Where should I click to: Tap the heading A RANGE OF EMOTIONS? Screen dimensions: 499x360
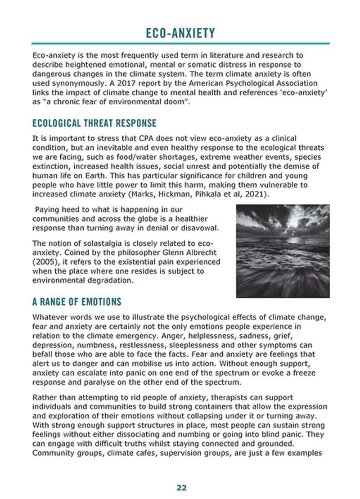point(77,301)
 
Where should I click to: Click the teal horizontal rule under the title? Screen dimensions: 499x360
point(180,44)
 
